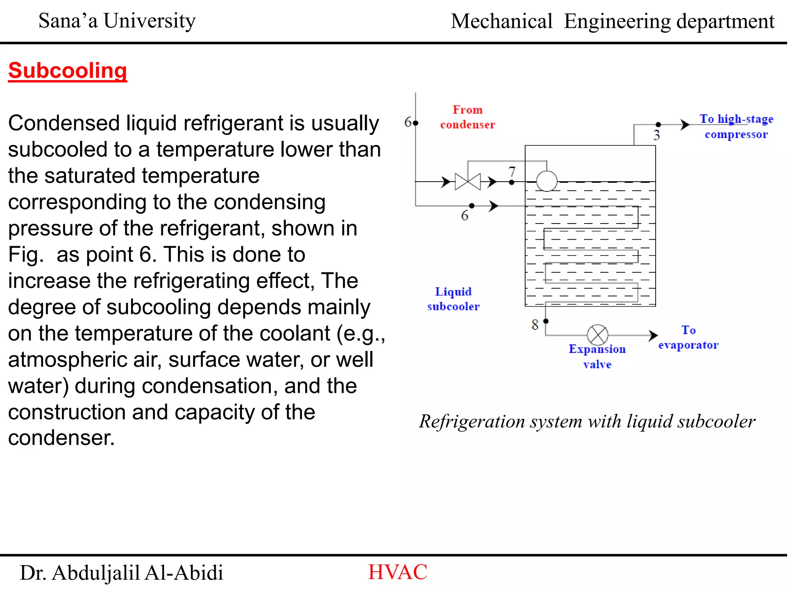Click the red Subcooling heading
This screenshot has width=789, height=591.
(x=67, y=71)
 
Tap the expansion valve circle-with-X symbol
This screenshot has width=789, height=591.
(x=598, y=335)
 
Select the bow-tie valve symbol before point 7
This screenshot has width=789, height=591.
(x=468, y=182)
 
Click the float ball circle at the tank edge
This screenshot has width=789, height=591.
(x=546, y=181)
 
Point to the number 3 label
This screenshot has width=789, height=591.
(x=656, y=135)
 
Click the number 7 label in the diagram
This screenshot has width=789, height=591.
(x=512, y=171)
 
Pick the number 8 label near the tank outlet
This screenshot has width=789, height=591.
(x=535, y=325)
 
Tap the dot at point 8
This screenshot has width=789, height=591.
(x=546, y=321)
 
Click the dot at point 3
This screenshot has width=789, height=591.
(x=658, y=124)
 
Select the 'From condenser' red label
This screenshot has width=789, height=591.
(x=467, y=117)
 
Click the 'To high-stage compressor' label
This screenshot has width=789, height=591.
(x=736, y=127)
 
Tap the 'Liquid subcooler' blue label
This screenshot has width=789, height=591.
(x=453, y=299)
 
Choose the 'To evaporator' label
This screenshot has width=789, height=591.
(x=688, y=337)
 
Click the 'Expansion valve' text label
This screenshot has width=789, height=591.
(x=597, y=356)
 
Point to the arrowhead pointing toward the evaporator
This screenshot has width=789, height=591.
(x=653, y=335)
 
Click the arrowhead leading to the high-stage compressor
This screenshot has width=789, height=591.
(x=685, y=125)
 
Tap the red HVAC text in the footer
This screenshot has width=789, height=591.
(x=398, y=572)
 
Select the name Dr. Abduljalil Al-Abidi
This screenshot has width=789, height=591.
(x=121, y=573)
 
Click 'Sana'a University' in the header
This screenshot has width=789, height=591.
(x=117, y=21)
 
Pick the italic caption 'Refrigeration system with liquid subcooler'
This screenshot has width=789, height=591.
(x=587, y=421)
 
